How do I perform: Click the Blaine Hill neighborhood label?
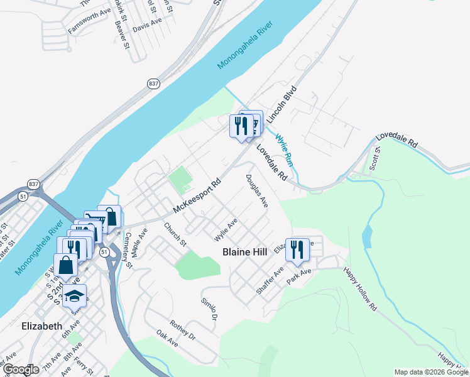coord(245,252)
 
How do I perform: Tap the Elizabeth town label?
coord(41,326)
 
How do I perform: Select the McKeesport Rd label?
coord(198,197)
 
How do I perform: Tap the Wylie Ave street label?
coord(226,229)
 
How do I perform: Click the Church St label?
coord(175,234)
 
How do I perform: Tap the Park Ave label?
coord(300,276)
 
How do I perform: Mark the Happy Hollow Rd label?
coord(359,290)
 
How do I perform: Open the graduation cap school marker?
coord(75,296)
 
